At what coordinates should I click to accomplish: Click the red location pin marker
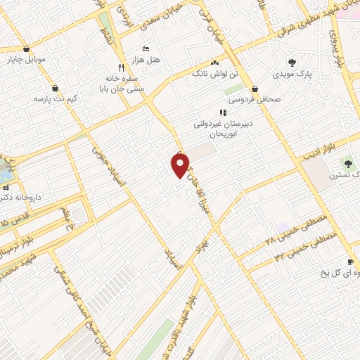pyautogui.click(x=180, y=165)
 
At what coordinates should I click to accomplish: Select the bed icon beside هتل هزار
pyautogui.click(x=145, y=49)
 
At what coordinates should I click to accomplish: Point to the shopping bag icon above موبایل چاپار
pyautogui.click(x=27, y=49)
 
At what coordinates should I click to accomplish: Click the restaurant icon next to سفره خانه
pyautogui.click(x=121, y=67)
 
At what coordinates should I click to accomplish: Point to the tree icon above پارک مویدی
pyautogui.click(x=292, y=63)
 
